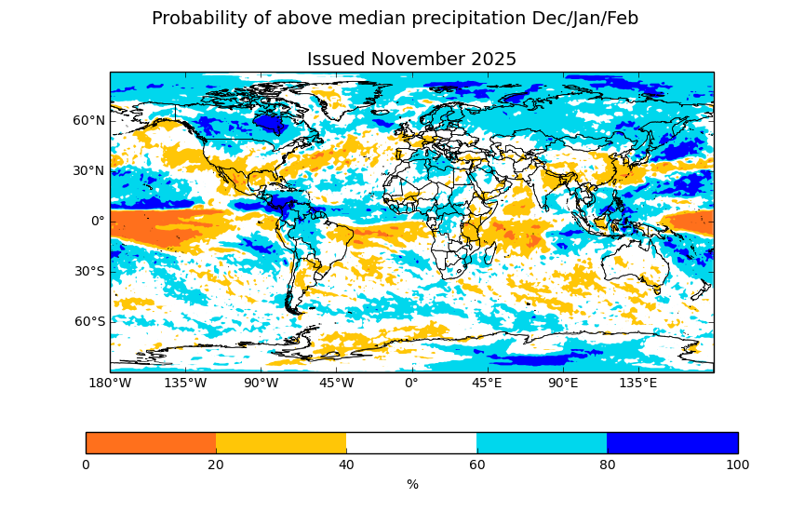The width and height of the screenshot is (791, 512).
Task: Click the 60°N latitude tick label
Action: coord(89,120)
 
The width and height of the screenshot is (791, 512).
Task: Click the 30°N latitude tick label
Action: coord(89,170)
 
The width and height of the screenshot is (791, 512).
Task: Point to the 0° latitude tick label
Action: coord(98,221)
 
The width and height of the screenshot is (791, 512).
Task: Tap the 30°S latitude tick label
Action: coord(89,271)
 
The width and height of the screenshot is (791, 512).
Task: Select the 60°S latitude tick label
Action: coord(89,321)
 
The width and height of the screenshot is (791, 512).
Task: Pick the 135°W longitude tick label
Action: coord(185,383)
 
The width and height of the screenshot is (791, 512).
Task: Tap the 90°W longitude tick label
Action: coord(261,383)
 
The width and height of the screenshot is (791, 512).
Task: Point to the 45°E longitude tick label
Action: coord(488,383)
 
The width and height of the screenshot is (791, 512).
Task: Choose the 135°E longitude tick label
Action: coord(638,383)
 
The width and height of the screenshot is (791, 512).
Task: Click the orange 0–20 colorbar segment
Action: coord(151,443)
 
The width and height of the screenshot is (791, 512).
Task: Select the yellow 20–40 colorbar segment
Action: coord(281,443)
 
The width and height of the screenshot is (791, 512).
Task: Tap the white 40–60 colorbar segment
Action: coord(411,443)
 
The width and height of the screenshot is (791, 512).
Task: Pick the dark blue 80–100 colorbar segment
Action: coord(672,443)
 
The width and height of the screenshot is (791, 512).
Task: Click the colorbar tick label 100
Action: coord(737,465)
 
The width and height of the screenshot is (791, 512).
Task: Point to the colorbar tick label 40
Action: coord(346,465)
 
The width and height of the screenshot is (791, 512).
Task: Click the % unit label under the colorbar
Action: coord(412,484)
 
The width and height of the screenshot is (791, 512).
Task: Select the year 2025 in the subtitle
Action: coord(494,60)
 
